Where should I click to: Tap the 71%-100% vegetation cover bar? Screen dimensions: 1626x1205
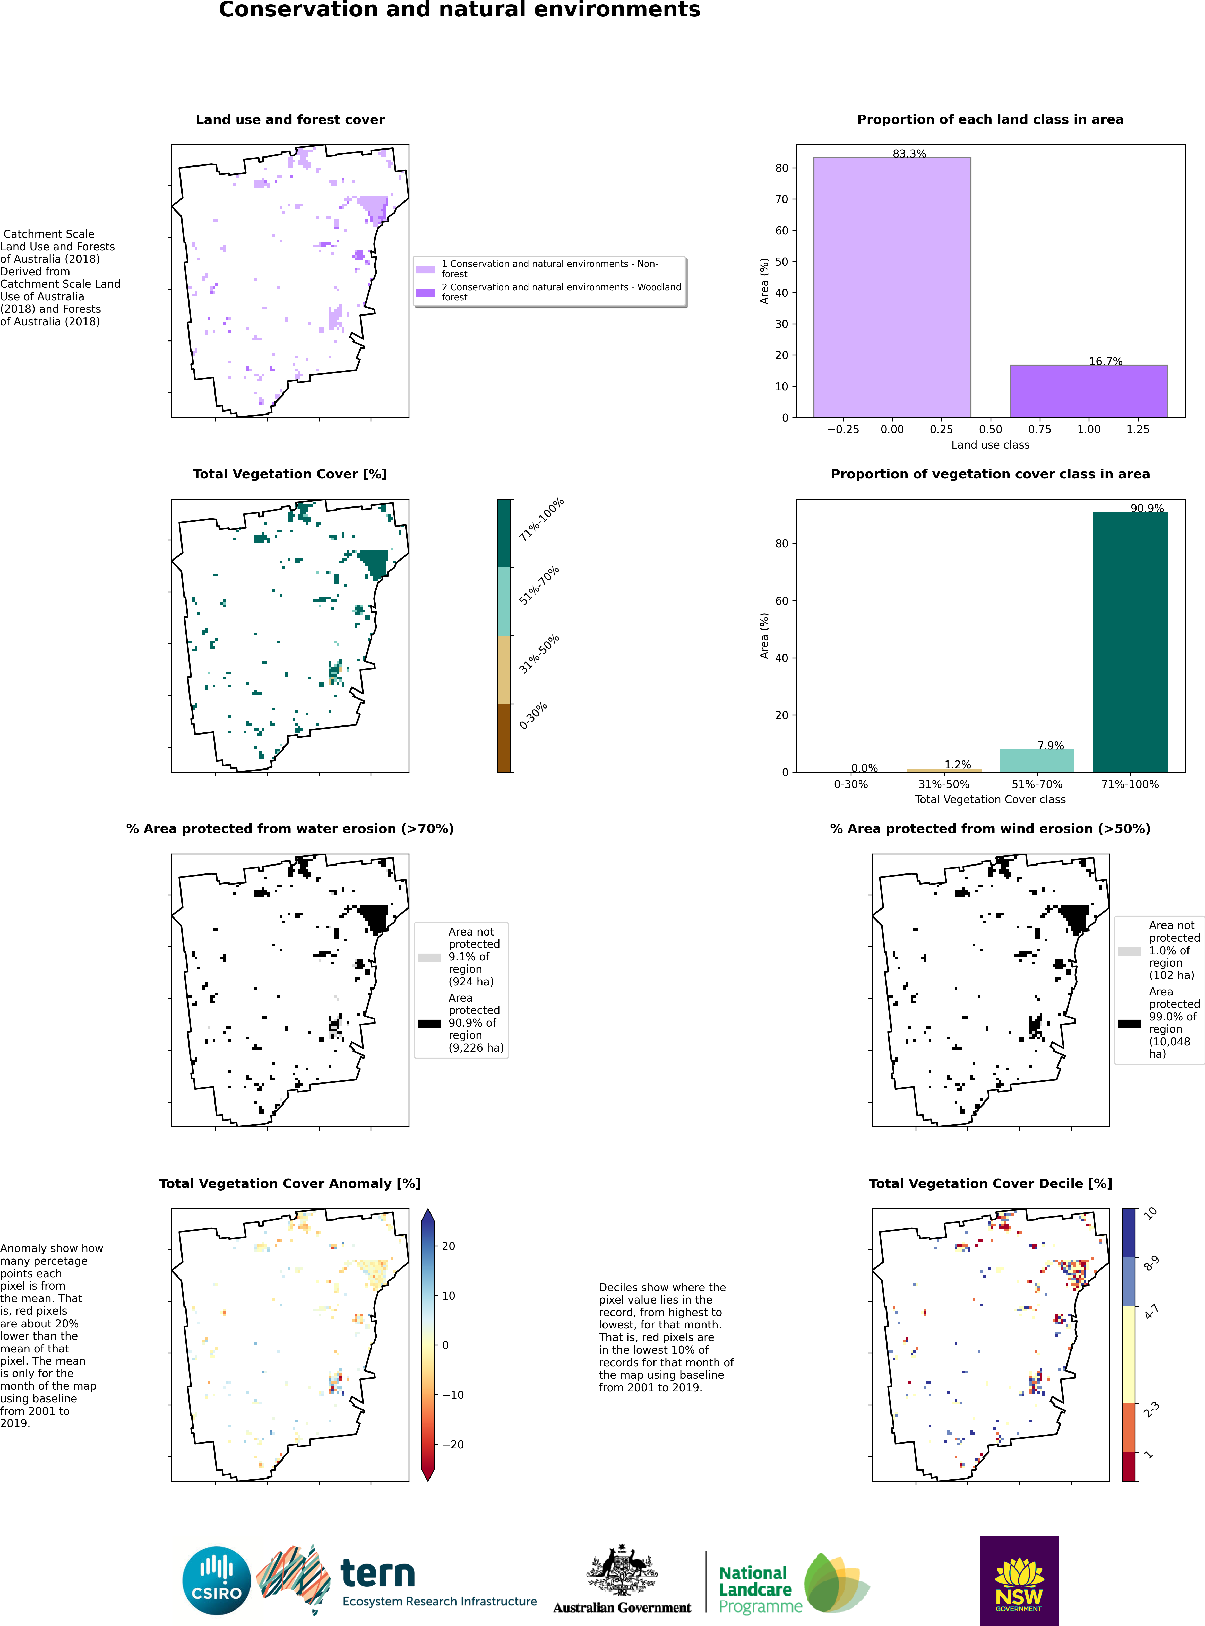click(1130, 642)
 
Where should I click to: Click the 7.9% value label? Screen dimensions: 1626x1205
click(1050, 745)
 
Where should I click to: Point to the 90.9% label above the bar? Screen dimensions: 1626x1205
click(1147, 508)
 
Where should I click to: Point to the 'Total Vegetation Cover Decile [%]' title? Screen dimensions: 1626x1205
click(990, 1183)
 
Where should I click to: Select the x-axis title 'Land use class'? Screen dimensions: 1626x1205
click(990, 445)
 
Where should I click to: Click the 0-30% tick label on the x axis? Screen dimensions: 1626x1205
click(850, 785)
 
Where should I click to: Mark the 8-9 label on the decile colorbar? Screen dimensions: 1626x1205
click(1151, 1264)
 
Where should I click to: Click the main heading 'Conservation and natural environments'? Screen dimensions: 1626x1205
click(460, 10)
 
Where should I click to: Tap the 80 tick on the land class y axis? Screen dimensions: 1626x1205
click(781, 168)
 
